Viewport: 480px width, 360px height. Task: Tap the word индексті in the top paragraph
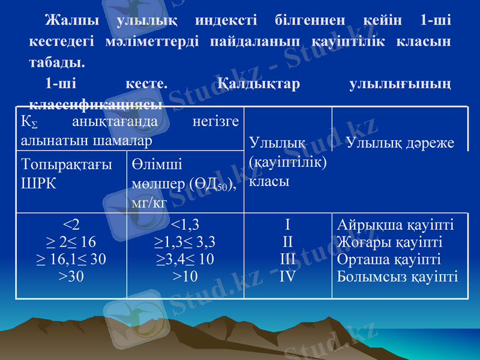click(x=226, y=20)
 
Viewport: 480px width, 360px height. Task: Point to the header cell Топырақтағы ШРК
click(x=67, y=173)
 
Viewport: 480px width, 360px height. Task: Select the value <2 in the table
click(x=71, y=225)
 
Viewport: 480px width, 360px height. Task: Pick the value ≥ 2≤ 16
click(x=71, y=242)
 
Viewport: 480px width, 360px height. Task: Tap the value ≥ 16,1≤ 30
click(x=71, y=259)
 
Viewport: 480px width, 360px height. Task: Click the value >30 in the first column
click(x=71, y=276)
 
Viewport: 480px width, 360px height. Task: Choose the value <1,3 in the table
click(x=185, y=225)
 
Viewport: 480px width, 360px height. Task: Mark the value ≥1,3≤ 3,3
click(x=185, y=242)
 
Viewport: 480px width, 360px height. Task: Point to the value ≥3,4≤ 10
click(x=185, y=259)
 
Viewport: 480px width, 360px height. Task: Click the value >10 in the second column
click(x=185, y=276)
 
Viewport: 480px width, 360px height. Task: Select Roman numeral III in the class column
click(x=288, y=259)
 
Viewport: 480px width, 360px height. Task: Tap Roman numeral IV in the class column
click(x=288, y=276)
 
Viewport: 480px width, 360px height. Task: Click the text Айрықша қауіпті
click(x=395, y=225)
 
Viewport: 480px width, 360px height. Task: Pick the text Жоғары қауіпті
click(x=390, y=242)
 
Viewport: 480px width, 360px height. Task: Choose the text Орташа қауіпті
click(x=389, y=259)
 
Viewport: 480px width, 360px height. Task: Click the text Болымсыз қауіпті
click(x=397, y=276)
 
